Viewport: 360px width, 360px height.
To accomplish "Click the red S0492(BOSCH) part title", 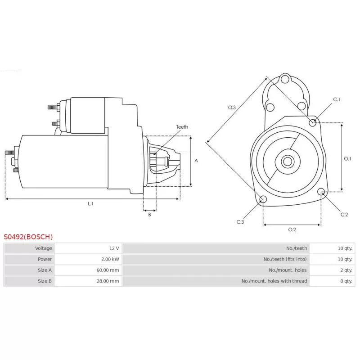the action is click(28, 237).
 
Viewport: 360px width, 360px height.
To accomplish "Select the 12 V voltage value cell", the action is click(114, 248).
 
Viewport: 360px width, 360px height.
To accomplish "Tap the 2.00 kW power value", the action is click(110, 259).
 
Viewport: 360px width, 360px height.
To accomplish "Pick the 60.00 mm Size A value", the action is click(108, 270).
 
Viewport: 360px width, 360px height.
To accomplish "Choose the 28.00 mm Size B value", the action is click(108, 281).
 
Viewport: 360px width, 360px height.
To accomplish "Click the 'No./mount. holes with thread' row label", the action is click(274, 281).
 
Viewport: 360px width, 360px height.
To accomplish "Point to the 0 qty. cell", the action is click(346, 281).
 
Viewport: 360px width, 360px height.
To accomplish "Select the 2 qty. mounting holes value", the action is click(346, 270).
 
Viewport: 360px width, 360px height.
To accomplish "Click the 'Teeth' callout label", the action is click(182, 127).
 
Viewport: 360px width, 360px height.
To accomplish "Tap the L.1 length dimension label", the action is click(90, 203).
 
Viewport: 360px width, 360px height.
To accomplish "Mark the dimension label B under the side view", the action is click(150, 215).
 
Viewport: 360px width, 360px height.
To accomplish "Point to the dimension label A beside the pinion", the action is click(196, 161).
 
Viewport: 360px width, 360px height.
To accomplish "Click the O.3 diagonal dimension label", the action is click(232, 108).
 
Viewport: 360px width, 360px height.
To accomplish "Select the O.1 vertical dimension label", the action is click(347, 159).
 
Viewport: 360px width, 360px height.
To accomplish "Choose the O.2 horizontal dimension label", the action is click(292, 229).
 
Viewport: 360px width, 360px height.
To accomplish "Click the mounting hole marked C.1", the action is click(312, 123).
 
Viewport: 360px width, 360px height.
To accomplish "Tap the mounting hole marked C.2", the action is click(321, 192).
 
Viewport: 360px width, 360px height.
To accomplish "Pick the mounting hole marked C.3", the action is click(263, 199).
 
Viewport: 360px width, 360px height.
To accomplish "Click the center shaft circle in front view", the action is click(288, 162).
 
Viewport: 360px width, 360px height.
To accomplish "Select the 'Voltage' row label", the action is click(44, 248).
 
